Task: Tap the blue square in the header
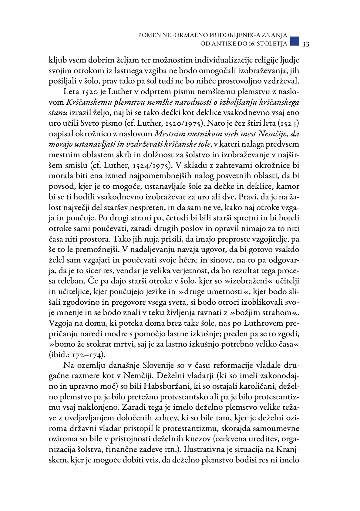point(295,41)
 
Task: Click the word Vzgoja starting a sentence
point(61,323)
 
